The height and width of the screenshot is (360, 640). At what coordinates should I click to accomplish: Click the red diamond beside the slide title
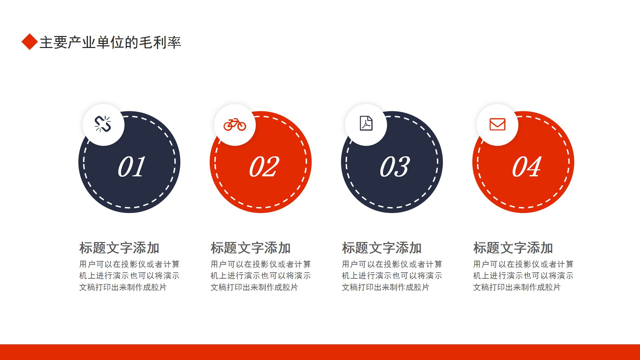(x=30, y=42)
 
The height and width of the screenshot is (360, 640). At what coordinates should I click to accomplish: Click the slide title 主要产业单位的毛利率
(x=110, y=42)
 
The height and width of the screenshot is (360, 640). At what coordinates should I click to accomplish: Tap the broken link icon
(x=103, y=124)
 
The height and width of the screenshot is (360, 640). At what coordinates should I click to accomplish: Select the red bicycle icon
(x=235, y=124)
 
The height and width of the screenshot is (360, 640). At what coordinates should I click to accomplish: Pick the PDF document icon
(x=366, y=123)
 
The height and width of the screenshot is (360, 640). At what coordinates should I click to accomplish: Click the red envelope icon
(x=497, y=124)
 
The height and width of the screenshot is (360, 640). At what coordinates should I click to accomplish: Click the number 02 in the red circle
(x=264, y=166)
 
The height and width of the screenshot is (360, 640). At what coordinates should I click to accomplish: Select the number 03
(x=395, y=166)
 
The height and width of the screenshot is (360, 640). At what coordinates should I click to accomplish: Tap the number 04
(x=527, y=166)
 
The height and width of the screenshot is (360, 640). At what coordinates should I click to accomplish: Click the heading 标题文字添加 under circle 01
(x=119, y=248)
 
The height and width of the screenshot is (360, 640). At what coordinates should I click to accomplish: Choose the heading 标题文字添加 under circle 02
(x=251, y=248)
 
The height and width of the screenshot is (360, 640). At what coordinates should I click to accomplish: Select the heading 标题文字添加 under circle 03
(x=382, y=248)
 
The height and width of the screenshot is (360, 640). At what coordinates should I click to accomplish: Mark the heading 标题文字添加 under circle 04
(x=513, y=248)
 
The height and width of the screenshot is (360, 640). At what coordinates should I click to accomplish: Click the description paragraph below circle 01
(x=129, y=276)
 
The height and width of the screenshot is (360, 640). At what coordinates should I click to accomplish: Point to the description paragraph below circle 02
(x=261, y=276)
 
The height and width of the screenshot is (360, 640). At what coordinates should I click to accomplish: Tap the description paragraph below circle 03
(x=392, y=276)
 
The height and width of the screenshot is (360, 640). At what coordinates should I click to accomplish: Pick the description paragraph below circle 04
(x=523, y=276)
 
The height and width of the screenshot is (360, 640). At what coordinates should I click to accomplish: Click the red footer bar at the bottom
(x=320, y=352)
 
